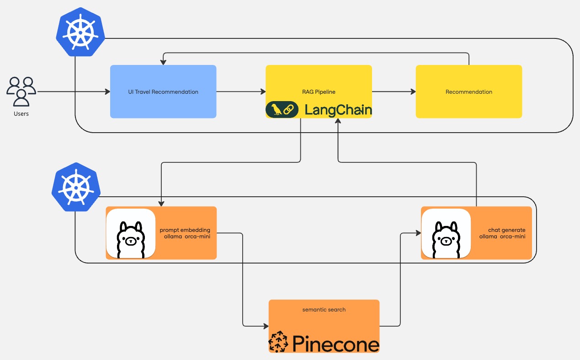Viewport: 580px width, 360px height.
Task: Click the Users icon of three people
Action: point(21,91)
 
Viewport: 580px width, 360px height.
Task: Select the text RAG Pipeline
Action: point(318,92)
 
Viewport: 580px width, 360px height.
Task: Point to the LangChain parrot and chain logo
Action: point(280,109)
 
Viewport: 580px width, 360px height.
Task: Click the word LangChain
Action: point(338,110)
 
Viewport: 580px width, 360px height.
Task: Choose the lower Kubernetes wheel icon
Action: point(75,187)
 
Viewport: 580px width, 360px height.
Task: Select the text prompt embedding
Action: point(185,229)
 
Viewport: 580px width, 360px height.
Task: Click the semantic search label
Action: point(324,310)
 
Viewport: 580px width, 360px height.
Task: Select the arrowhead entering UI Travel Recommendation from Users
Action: point(107,92)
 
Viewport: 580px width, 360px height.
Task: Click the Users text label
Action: point(21,113)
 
